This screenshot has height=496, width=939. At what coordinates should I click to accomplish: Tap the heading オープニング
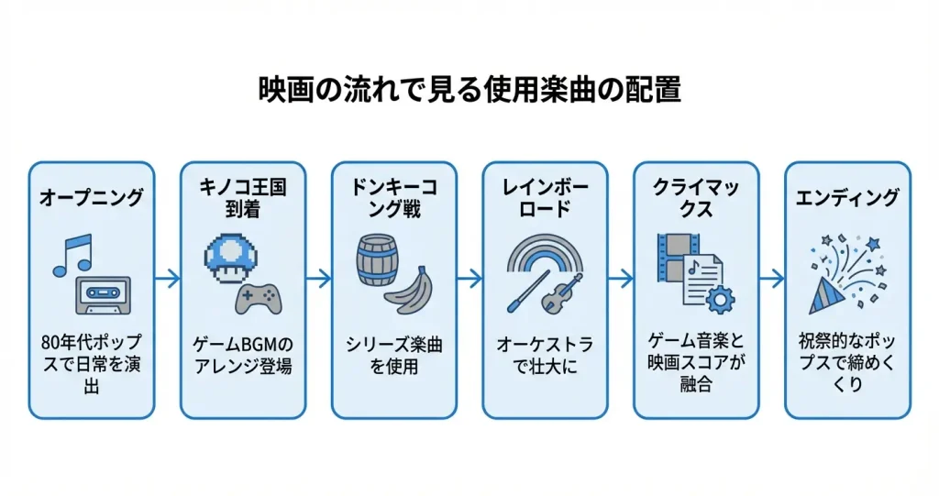point(92,197)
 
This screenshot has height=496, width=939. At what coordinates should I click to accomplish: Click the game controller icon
point(260,297)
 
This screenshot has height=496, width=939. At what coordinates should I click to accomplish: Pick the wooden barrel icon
point(377,262)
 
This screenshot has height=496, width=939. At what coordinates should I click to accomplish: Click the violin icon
point(560,294)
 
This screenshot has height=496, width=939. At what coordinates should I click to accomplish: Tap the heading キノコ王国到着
point(243,197)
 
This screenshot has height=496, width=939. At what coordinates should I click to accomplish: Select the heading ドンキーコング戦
point(393,197)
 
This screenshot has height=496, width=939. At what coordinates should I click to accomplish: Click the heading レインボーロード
point(545,197)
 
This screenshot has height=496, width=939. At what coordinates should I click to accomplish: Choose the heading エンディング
point(847,197)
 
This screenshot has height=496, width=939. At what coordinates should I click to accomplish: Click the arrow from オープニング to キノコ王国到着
point(168,278)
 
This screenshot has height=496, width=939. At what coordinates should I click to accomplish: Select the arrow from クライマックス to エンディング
point(772,278)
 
